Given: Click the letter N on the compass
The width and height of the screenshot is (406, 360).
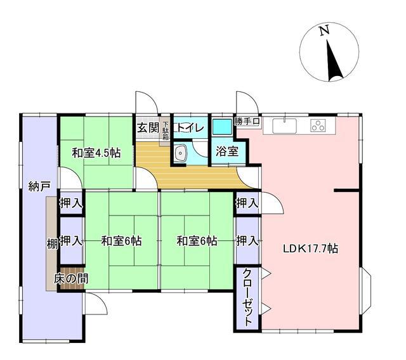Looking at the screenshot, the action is pos(324,30).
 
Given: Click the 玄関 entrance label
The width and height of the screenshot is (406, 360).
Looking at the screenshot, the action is pos(148,127).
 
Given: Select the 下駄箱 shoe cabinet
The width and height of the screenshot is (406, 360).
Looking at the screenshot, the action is pos(166,131).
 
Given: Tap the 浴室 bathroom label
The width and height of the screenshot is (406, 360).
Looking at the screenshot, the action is pos(227,151).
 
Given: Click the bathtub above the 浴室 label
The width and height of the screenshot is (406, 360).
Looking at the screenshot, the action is pos(222,127).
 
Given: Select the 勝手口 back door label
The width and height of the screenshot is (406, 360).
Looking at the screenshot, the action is pos(247,121).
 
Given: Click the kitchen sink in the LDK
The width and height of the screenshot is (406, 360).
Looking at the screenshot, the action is pos(284,125).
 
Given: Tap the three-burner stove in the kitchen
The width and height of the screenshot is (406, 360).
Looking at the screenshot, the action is pos(318,125).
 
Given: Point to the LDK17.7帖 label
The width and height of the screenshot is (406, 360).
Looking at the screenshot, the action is pos(310,248).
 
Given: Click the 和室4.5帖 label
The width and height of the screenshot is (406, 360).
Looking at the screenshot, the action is pos(96,153).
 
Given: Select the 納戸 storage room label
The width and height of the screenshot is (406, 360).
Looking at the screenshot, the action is pos(39,186).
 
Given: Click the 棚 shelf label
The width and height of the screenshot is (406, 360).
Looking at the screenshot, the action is pos(52,244).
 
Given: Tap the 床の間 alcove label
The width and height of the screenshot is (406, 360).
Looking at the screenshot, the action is pos(71,278).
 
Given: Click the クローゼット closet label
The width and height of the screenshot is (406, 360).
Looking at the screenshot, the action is pos(248,297).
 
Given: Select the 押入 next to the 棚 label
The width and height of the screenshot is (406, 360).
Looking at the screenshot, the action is pos(71,241).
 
